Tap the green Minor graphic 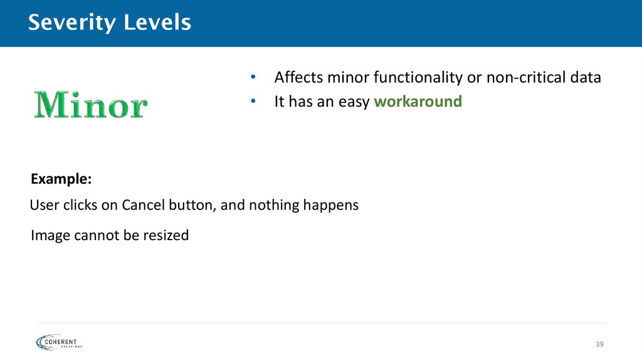90,105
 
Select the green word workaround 418,101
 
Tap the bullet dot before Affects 253,78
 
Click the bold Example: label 61,179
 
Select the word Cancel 142,205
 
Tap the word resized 166,236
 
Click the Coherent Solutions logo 60,341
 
